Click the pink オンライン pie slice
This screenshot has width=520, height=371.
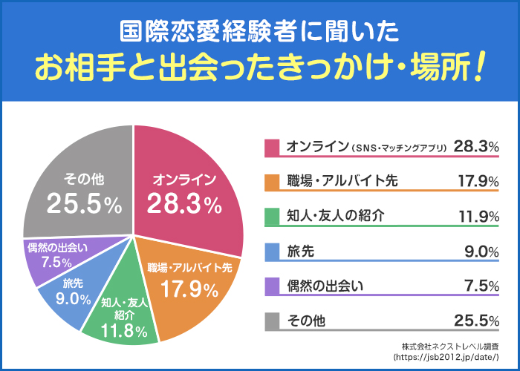point(186,185)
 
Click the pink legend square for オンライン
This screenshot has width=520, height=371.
point(272,147)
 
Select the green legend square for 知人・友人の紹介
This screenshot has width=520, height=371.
point(272,217)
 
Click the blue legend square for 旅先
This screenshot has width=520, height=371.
point(272,252)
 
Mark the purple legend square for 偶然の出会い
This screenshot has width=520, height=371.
point(272,286)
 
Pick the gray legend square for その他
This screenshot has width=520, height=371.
point(272,321)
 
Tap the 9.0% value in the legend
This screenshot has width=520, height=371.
point(480,252)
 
